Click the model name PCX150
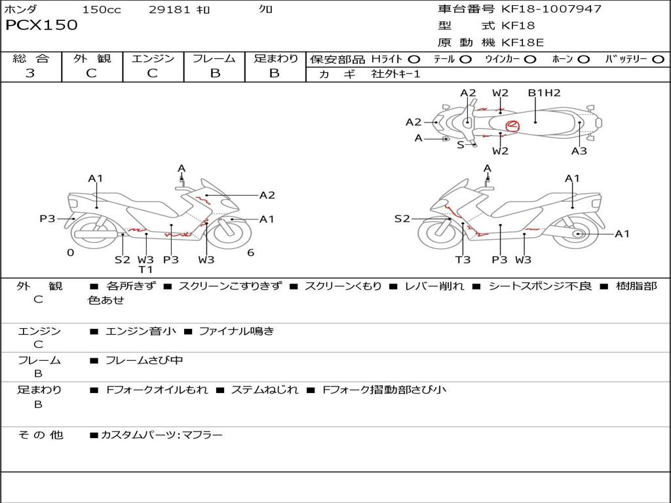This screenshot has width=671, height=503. (41, 26)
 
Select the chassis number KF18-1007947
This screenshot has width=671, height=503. (551, 9)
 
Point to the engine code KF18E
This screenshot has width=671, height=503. (523, 43)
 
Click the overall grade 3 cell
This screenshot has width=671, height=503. (30, 73)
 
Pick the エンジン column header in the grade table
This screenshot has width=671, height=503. (153, 59)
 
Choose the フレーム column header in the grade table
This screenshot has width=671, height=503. (214, 59)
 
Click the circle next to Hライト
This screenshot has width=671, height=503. (414, 60)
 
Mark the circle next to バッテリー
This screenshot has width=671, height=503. (658, 60)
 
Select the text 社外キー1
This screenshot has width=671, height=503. (396, 74)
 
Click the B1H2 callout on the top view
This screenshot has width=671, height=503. (545, 93)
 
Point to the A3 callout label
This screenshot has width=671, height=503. (579, 151)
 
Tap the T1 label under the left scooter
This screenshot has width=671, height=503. (145, 269)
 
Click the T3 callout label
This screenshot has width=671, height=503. (463, 259)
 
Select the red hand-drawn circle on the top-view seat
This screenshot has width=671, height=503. (512, 125)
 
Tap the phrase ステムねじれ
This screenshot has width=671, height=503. (265, 390)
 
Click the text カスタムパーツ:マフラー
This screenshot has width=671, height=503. (161, 435)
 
